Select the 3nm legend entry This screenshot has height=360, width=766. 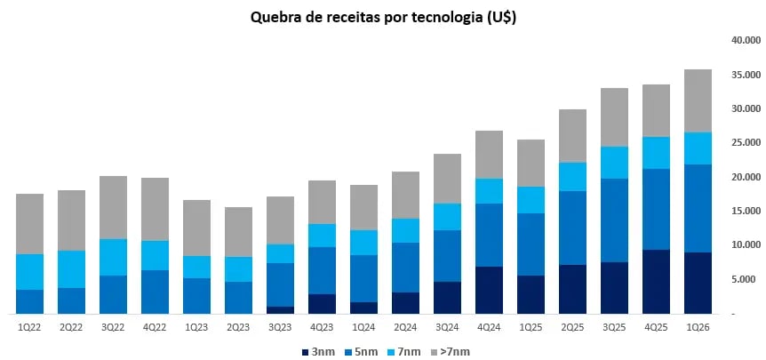point(319,351)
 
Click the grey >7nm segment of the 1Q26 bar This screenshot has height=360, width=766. point(698,100)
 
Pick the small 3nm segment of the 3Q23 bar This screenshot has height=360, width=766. point(281,309)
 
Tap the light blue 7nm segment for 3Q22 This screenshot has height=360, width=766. point(114,257)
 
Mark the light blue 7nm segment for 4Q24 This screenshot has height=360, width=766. point(490,191)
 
